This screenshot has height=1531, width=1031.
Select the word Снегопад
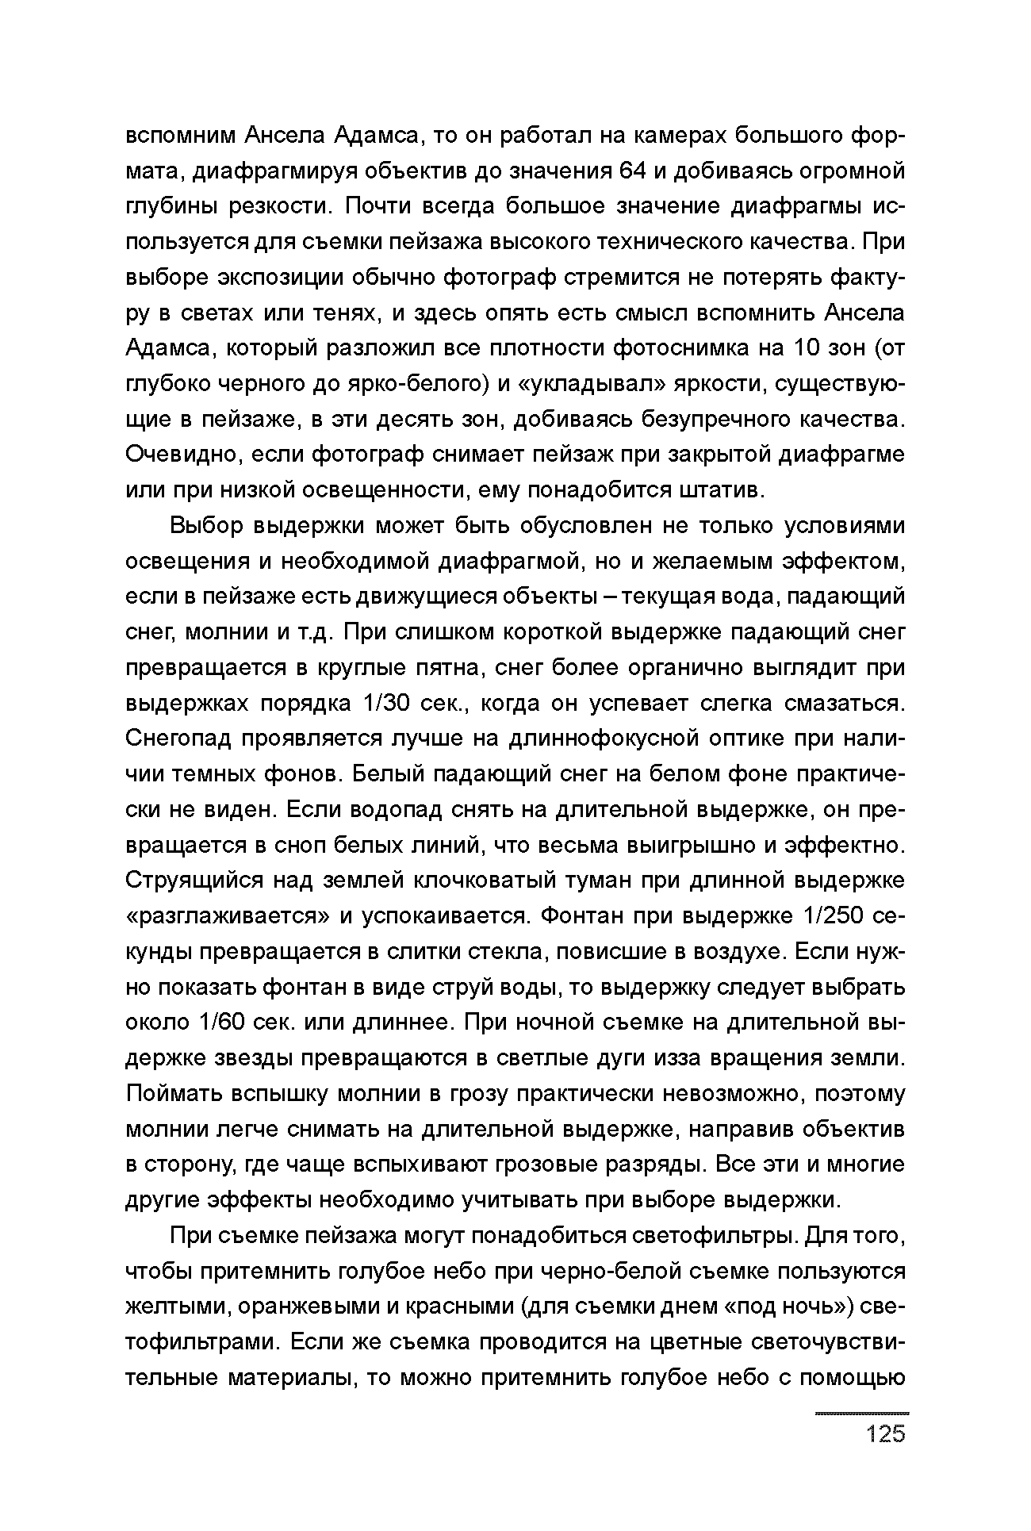(178, 739)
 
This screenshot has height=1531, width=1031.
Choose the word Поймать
(172, 1095)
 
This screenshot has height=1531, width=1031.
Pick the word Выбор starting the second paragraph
(205, 526)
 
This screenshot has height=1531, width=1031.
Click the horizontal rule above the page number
(862, 1414)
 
